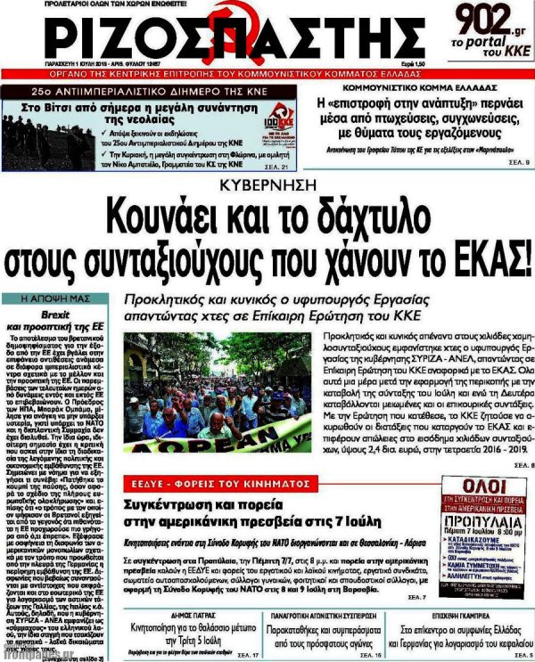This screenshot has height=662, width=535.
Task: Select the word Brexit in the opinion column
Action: pos(56,315)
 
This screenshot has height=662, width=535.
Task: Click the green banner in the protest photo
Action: pos(205,445)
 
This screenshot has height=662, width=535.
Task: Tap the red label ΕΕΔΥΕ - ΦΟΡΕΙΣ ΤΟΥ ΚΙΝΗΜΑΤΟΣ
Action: pos(201,481)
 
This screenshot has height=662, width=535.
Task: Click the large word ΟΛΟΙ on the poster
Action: pos(461,491)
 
